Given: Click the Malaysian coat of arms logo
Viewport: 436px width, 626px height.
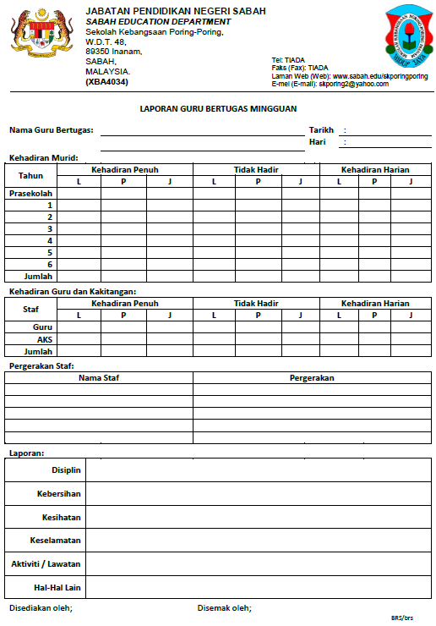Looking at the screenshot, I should click(x=40, y=35).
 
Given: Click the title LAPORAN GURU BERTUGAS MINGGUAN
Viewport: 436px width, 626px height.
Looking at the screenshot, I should click(x=218, y=109).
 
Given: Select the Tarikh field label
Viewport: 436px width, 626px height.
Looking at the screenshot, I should click(x=321, y=130).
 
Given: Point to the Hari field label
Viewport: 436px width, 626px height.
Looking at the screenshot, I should click(x=317, y=142).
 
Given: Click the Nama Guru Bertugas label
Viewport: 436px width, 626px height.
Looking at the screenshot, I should click(x=51, y=130).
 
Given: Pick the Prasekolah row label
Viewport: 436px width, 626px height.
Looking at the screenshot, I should click(x=31, y=194).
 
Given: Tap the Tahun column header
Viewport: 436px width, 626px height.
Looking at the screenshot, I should click(x=31, y=176).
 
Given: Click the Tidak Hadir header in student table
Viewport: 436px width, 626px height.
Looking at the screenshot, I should click(x=256, y=170).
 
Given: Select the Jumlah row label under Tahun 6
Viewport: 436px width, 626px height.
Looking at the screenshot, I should click(x=39, y=276).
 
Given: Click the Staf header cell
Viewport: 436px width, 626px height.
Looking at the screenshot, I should click(x=31, y=309).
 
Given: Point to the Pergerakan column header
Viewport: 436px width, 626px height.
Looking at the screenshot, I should click(x=312, y=378).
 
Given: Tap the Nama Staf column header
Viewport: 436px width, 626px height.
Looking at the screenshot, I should click(x=100, y=378).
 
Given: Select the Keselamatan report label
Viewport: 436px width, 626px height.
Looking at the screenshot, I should click(x=56, y=540).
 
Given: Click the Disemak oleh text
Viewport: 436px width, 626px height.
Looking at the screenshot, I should click(x=224, y=608).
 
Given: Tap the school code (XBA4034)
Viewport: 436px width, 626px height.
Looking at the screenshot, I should click(x=107, y=83).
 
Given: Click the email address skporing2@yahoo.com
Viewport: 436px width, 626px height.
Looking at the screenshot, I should click(x=353, y=84).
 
